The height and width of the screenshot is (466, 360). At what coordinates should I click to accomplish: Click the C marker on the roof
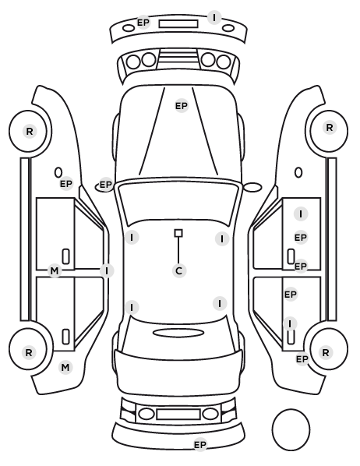(x=179, y=270)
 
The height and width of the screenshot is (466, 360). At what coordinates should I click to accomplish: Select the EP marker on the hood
(x=182, y=106)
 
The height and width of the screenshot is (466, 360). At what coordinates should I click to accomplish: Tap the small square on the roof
(x=178, y=233)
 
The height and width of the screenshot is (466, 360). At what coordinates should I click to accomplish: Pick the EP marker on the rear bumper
(x=200, y=445)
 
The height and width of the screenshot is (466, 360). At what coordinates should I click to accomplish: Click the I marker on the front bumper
(x=214, y=18)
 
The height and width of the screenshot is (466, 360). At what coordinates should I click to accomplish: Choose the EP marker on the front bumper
(x=143, y=23)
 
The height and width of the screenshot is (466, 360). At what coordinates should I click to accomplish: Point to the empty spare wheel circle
(x=291, y=429)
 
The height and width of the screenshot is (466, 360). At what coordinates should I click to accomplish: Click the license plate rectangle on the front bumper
(x=178, y=24)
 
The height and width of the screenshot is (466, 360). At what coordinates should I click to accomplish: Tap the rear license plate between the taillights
(x=178, y=414)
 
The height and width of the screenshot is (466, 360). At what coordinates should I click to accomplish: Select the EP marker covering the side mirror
(x=105, y=185)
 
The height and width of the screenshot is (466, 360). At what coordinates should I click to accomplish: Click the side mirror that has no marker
(x=252, y=187)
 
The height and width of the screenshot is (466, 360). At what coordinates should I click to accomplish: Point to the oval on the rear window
(x=178, y=334)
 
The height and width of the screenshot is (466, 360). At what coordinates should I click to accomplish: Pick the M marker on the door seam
(x=55, y=270)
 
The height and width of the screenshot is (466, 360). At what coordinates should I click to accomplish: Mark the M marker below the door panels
(x=65, y=367)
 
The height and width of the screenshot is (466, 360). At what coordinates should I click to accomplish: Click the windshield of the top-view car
(x=178, y=202)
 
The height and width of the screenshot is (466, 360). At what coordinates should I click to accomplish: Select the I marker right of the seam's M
(x=107, y=270)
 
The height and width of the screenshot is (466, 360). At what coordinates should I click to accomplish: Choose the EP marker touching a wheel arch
(x=302, y=359)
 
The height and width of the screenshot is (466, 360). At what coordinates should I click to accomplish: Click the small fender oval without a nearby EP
(x=298, y=173)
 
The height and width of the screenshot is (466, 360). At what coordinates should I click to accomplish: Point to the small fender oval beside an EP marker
(x=58, y=173)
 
